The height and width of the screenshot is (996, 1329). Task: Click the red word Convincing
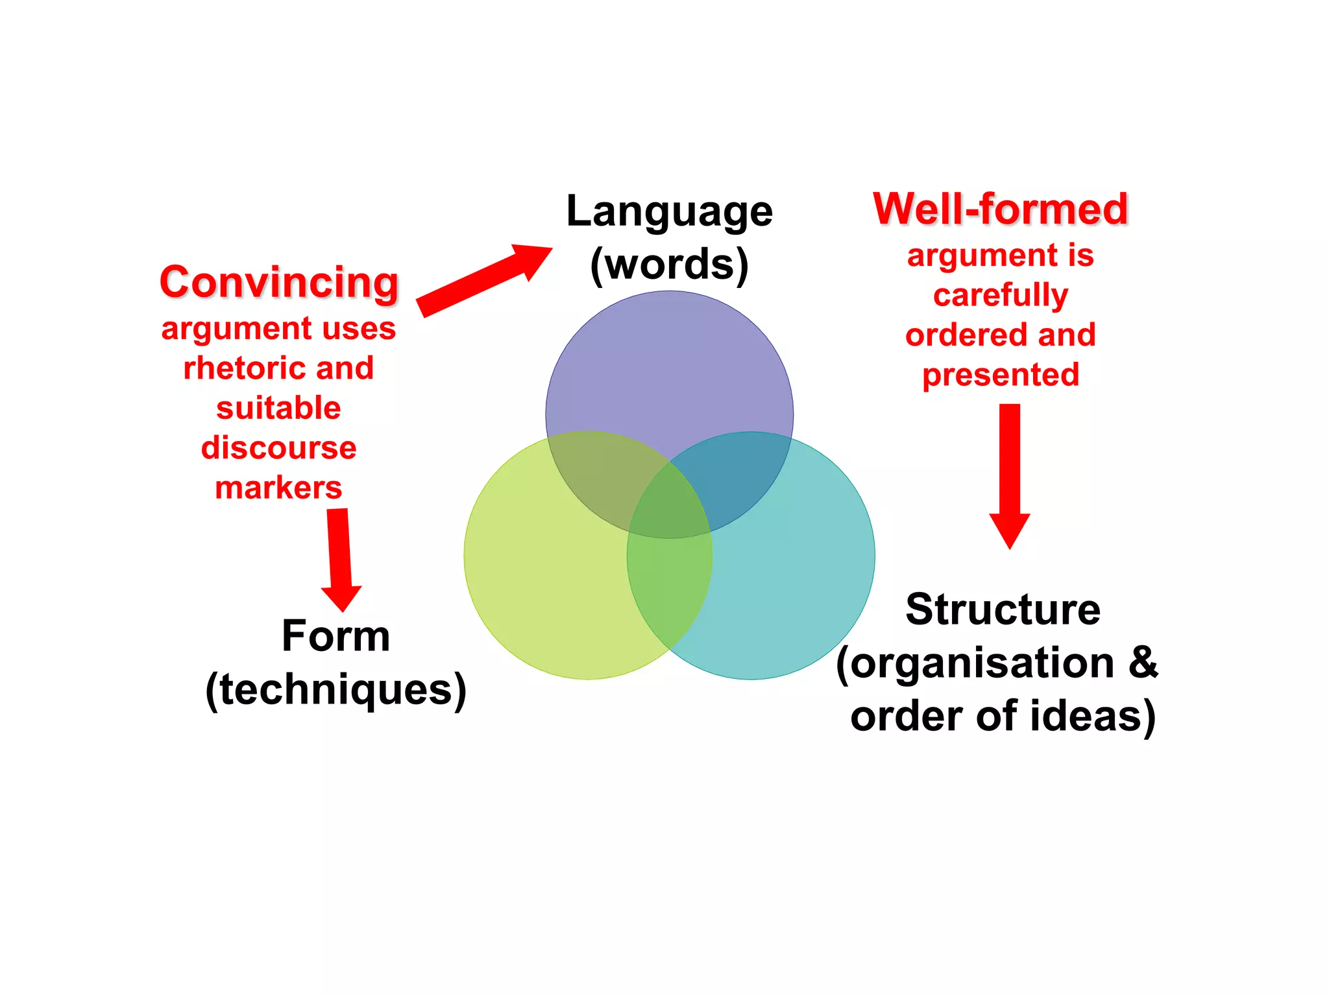coord(279,283)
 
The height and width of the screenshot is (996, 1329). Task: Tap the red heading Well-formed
coord(1001,209)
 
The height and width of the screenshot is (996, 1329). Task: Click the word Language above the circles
coord(669,211)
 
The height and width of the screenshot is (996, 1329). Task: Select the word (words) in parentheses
coord(669,265)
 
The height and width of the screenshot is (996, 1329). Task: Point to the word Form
coord(335,636)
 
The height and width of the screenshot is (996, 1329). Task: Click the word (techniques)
coord(335,689)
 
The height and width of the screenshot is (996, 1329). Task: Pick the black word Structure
coord(1003,610)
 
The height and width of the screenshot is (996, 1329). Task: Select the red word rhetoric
coord(236,368)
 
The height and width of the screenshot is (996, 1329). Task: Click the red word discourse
coord(278,448)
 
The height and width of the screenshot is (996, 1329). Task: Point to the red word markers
coord(278,488)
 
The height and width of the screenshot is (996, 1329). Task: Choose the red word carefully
coord(1001,295)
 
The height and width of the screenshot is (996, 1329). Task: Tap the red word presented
coord(1001,375)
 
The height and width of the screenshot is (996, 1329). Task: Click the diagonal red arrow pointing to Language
coord(483,279)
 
